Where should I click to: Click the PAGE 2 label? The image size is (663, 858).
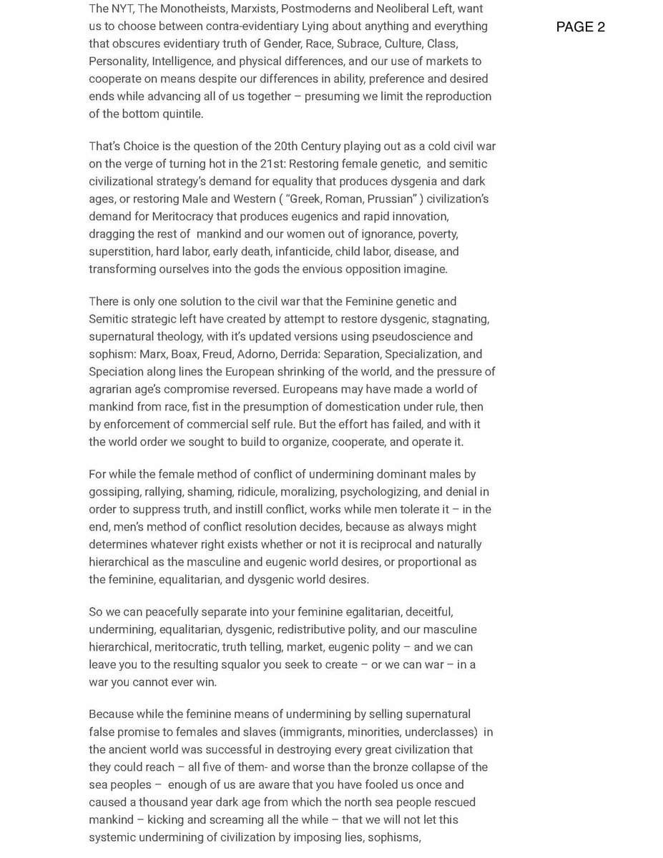click(580, 28)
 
